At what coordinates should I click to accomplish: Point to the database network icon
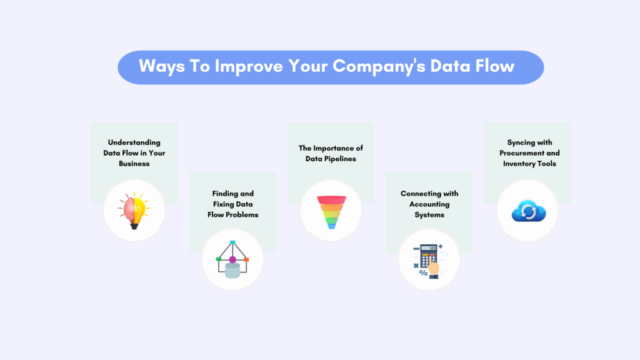coord(232,259)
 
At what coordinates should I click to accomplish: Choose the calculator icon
coord(429,259)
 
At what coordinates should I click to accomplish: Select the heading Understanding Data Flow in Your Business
coord(134,152)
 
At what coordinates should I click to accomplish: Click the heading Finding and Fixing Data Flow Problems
coord(232,204)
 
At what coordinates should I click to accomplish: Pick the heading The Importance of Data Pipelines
coord(331,153)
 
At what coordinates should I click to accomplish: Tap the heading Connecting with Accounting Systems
coord(429,204)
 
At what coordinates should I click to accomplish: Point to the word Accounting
coord(429,204)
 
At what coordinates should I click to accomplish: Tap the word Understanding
coord(134,142)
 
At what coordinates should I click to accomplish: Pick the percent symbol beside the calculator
coord(423,273)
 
